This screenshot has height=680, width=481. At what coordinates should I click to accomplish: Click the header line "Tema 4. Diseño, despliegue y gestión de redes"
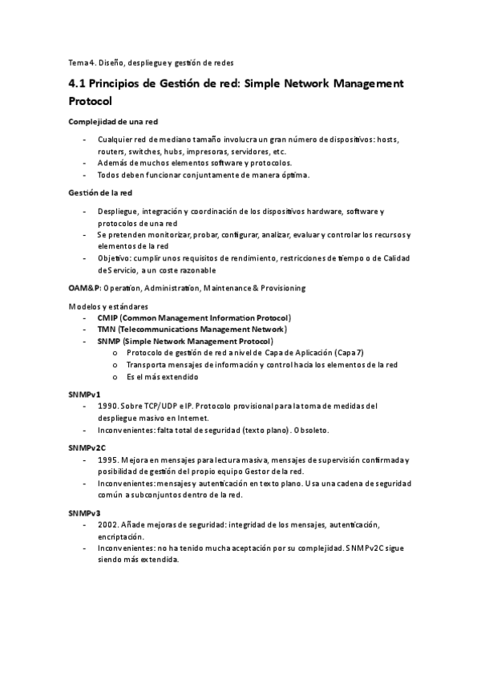(151, 62)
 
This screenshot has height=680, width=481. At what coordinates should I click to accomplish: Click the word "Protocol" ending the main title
(95, 102)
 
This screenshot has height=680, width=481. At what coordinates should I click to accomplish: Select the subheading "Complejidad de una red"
(113, 122)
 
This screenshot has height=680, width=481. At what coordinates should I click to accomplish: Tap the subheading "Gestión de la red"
(100, 193)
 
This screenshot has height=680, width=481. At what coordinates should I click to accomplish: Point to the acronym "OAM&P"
(83, 288)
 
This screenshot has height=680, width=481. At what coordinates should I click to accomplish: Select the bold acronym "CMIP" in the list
(107, 318)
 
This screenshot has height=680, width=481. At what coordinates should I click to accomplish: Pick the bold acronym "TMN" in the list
(107, 330)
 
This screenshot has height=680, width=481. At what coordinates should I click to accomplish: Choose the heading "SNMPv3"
(84, 512)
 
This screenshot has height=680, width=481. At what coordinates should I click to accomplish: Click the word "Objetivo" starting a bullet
(115, 258)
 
